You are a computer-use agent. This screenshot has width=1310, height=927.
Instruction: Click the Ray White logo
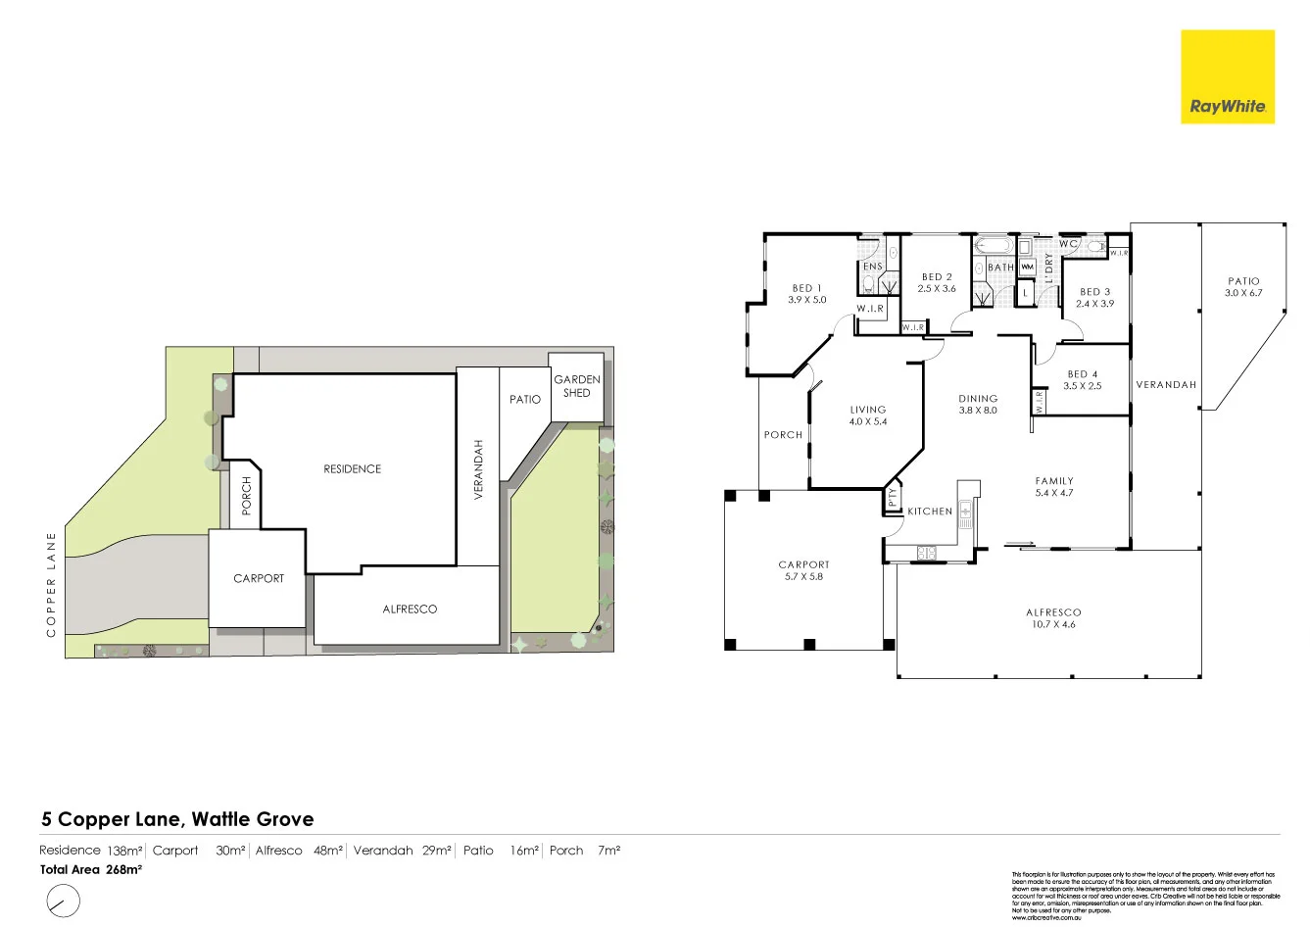coord(1227,76)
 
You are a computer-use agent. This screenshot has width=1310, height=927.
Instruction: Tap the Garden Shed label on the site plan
coord(577,386)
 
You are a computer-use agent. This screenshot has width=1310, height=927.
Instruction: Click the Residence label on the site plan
coord(352,469)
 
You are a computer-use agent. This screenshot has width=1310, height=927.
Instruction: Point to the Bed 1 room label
coord(806,288)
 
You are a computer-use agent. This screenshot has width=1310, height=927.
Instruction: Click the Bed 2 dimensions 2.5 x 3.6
coord(937,289)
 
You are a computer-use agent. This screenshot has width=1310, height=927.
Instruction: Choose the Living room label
coord(867,410)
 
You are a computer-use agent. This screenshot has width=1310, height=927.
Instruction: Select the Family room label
coord(1054,481)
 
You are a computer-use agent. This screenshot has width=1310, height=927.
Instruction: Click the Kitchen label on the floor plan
coord(929,512)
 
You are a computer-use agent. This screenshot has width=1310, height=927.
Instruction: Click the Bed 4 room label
coord(1083,374)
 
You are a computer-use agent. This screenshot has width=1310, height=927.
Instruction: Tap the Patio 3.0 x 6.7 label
coord(1242,287)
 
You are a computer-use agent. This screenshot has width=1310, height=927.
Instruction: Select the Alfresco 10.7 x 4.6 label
coord(1054,618)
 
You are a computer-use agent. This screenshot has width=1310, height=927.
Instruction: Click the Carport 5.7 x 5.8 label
coord(803,570)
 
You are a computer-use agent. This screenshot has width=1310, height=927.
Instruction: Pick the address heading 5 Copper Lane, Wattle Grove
coord(177,819)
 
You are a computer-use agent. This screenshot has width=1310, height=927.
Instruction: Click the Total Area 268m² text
coord(91,869)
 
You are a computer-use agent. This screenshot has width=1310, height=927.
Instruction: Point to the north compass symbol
coord(63,899)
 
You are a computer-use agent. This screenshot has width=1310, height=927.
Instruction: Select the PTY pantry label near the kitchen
coord(893,498)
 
